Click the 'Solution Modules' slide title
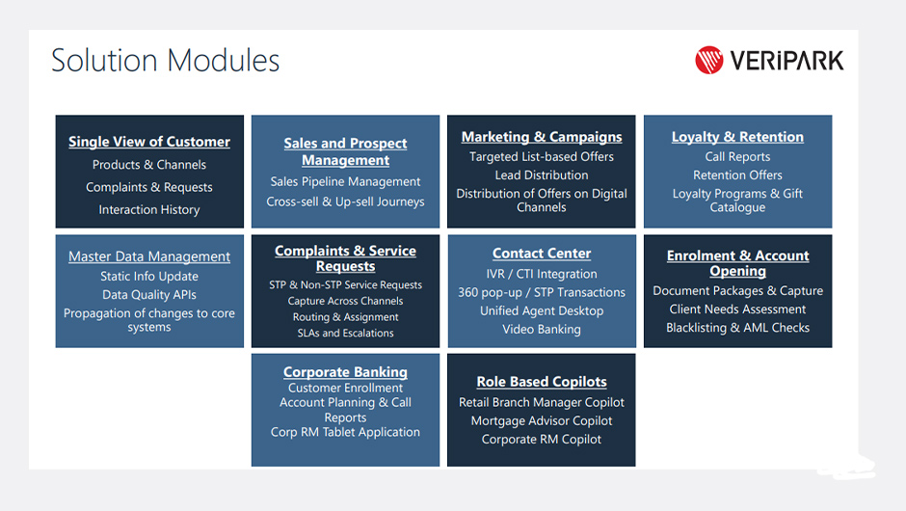tap(165, 60)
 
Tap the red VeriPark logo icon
tap(709, 60)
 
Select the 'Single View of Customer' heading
tap(149, 142)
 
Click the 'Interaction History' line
tap(149, 210)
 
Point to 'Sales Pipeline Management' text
tap(345, 181)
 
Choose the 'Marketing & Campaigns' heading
tap(542, 137)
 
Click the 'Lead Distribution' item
tap(542, 175)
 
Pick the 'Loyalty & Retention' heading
tap(737, 137)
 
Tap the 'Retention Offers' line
tap(737, 175)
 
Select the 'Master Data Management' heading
tap(149, 256)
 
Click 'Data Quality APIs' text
tap(149, 295)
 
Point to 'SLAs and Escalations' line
tap(345, 333)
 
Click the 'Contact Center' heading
tap(542, 254)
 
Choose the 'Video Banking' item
tap(542, 330)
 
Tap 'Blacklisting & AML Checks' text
tap(737, 328)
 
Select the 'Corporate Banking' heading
tap(345, 372)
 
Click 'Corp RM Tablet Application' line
tap(345, 432)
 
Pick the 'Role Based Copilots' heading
tap(542, 382)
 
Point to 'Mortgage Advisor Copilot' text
tap(542, 420)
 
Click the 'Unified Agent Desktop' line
tap(542, 311)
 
